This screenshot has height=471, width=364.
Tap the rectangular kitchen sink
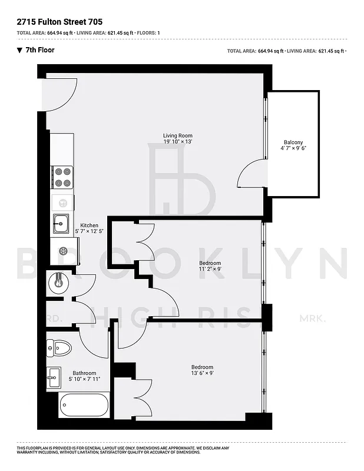59,224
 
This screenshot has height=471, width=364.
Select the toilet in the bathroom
59,347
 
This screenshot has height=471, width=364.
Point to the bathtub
84,405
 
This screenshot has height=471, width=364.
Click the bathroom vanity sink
54,377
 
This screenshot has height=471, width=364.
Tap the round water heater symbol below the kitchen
58,281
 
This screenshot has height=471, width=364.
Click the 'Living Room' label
178,136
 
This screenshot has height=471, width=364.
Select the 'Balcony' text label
293,142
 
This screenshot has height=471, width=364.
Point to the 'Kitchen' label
90,225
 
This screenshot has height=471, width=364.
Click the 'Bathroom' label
84,373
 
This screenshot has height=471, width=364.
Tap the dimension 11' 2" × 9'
210,269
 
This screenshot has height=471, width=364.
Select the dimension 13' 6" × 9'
202,373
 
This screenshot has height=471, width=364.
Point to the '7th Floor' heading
41,50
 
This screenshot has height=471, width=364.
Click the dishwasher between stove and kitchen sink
62,202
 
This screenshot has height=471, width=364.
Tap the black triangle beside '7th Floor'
20,50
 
